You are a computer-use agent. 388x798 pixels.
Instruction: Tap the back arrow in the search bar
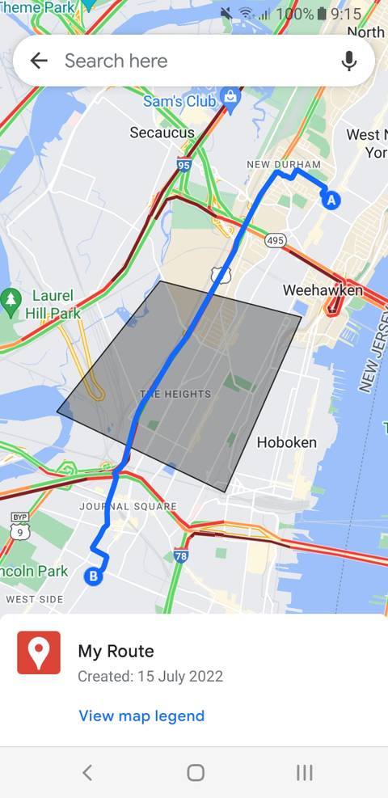click(38, 61)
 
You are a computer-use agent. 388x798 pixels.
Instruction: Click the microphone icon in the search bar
click(349, 61)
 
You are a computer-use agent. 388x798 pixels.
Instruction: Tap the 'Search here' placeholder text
click(116, 61)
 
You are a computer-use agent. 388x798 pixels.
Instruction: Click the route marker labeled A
click(331, 200)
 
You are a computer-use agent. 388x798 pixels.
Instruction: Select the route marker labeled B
click(94, 576)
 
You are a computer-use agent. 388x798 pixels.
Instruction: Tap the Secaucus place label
click(162, 133)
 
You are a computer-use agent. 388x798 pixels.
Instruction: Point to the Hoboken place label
click(286, 442)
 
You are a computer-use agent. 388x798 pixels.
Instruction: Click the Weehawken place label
click(323, 290)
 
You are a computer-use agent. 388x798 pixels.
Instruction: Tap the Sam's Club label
click(179, 102)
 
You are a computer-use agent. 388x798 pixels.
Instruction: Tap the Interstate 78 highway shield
click(181, 555)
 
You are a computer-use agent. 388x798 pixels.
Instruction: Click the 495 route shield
click(275, 240)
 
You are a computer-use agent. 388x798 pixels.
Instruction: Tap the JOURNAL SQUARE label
click(128, 507)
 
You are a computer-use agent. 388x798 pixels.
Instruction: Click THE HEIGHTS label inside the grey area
click(175, 395)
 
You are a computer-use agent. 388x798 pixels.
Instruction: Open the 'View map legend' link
click(141, 716)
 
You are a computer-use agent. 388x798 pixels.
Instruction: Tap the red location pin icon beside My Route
click(39, 652)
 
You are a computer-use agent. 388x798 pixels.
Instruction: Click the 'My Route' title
click(116, 651)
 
